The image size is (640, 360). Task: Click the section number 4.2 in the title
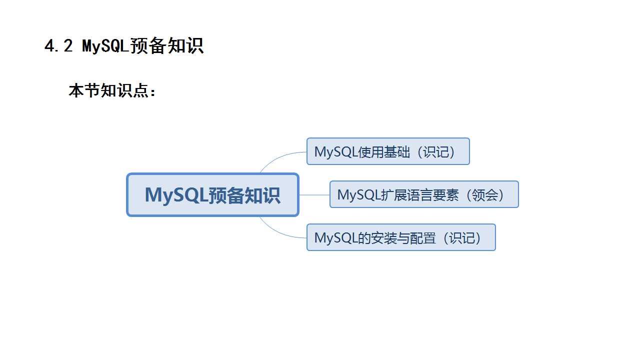[59, 46]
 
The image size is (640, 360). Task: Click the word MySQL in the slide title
[105, 46]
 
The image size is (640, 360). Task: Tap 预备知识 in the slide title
[166, 46]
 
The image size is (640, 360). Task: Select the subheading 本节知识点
[112, 91]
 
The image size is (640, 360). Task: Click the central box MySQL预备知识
[212, 194]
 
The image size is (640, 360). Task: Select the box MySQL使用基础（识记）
[388, 151]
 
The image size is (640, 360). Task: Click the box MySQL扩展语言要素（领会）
[424, 194]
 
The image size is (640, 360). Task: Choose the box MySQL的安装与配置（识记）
[401, 237]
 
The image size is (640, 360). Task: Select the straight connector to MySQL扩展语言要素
[314, 194]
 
